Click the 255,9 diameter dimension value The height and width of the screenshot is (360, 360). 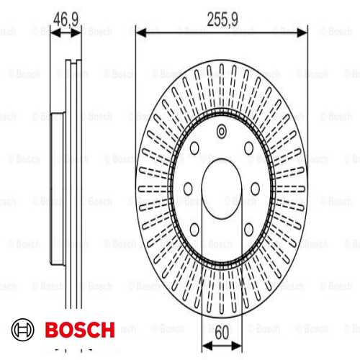(x=222, y=21)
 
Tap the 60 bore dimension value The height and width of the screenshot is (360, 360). (x=221, y=333)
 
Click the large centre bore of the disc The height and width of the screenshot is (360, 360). (x=222, y=188)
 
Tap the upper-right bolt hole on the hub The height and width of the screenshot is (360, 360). (x=248, y=148)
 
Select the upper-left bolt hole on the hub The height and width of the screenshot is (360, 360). (x=195, y=148)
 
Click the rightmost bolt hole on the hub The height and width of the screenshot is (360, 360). (x=257, y=188)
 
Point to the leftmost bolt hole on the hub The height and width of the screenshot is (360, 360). (x=186, y=188)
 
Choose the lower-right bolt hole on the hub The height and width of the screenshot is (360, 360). (x=248, y=229)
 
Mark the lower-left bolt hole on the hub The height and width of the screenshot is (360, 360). (x=195, y=229)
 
